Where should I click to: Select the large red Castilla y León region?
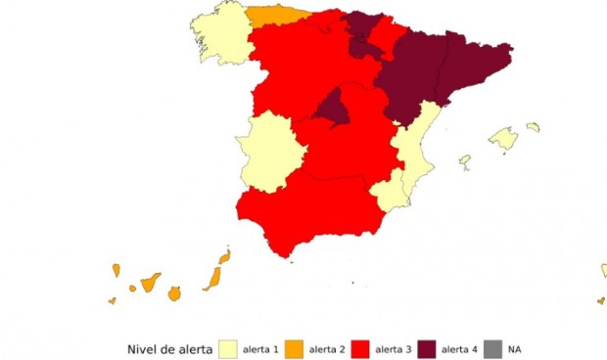pyautogui.click(x=294, y=64)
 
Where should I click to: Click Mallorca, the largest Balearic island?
pyautogui.click(x=503, y=139)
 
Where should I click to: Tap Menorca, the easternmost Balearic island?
pyautogui.click(x=533, y=126)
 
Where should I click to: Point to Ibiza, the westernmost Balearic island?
pyautogui.click(x=465, y=160)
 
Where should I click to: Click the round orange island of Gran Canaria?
pyautogui.click(x=174, y=292)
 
